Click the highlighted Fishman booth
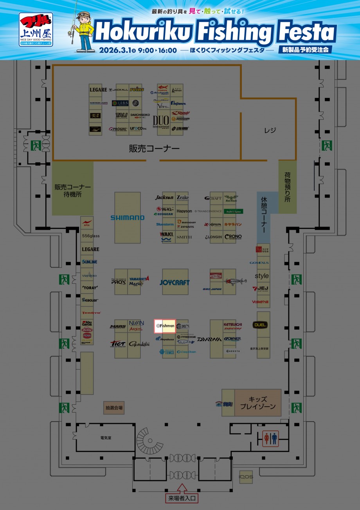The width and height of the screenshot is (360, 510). click(165, 326)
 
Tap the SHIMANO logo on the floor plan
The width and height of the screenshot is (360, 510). click(127, 218)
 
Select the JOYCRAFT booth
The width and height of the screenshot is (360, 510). click(175, 282)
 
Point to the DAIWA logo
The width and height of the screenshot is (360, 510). click(209, 339)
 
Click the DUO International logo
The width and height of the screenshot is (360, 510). click(161, 122)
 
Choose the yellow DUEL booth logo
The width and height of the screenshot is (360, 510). click(260, 325)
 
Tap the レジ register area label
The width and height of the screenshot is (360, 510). click(270, 130)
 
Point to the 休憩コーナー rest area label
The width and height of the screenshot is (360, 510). click(264, 215)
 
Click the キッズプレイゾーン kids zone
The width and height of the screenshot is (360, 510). click(257, 403)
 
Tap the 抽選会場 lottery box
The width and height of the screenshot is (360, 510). click(114, 407)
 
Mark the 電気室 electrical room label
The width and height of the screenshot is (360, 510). click(106, 438)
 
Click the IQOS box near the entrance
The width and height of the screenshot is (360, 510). click(246, 477)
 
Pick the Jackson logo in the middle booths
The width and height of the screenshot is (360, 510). click(164, 198)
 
